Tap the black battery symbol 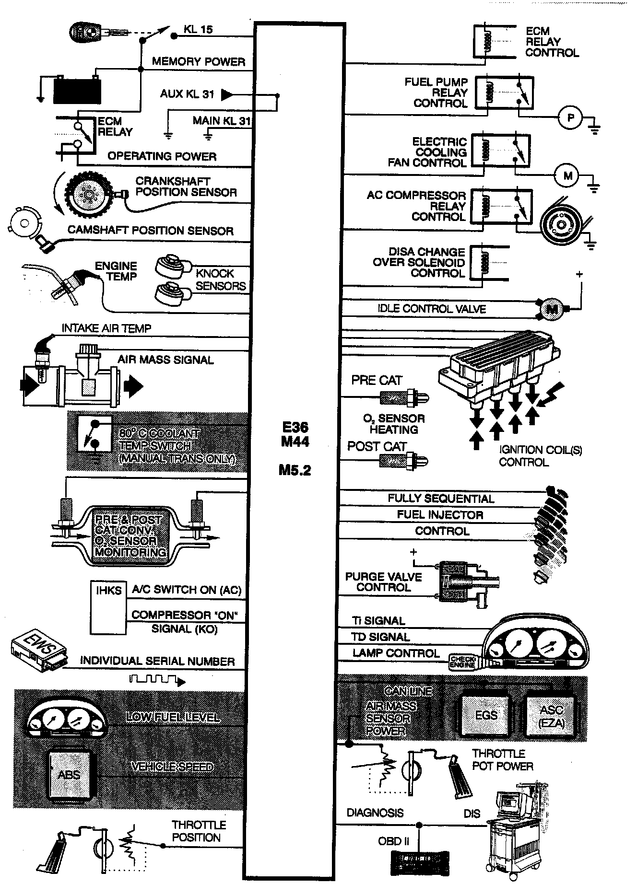(78, 90)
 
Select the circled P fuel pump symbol (570, 117)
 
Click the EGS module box (485, 715)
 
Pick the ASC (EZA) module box (551, 716)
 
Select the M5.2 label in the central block (295, 470)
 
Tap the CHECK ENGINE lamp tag (462, 662)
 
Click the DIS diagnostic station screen (508, 801)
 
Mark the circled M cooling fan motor (567, 175)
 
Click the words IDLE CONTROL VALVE (431, 309)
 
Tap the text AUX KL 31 (187, 94)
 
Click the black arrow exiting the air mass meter (133, 385)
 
